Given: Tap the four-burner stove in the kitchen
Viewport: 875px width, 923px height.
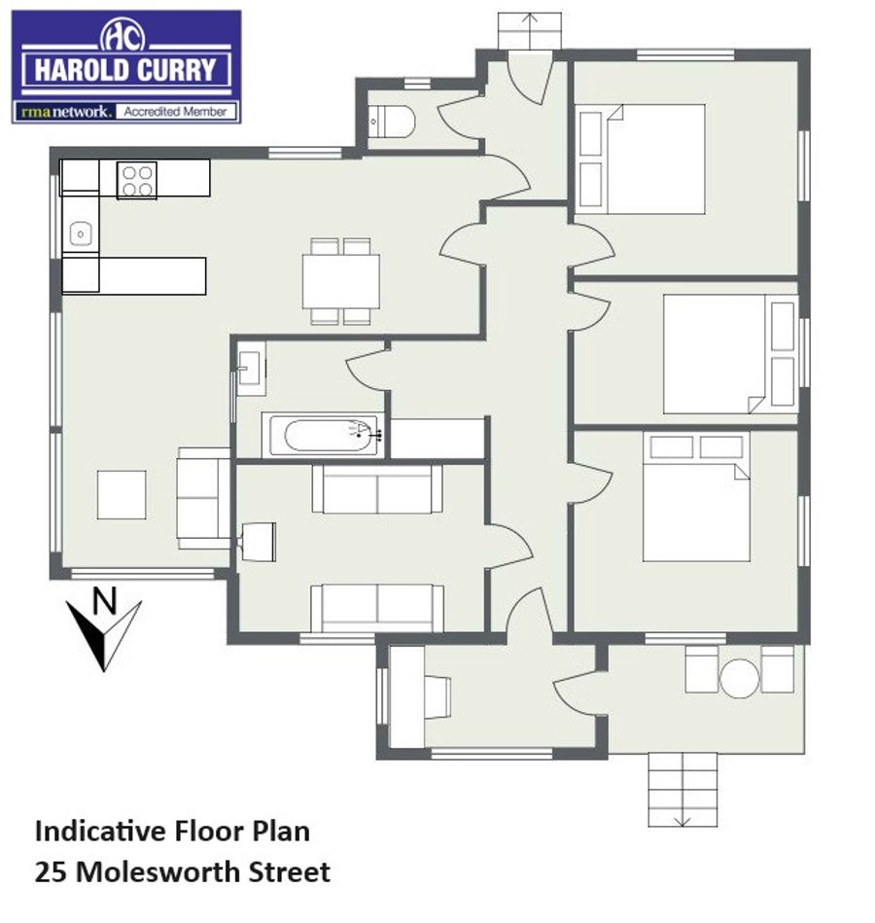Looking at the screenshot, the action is click(136, 180).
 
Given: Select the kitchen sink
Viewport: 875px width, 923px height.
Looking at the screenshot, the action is click(81, 234).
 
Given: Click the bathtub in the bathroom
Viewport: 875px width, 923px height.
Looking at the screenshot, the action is click(323, 436).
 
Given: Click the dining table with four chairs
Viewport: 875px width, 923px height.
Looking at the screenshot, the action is click(340, 281).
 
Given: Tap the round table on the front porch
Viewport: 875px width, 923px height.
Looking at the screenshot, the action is click(739, 678).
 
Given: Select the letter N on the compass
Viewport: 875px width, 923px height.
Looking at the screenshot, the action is click(105, 601).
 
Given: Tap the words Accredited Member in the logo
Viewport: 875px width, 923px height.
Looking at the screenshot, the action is click(175, 111).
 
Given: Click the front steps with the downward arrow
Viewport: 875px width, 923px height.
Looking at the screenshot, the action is click(682, 790).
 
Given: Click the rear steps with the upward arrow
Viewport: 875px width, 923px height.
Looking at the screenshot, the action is click(530, 30).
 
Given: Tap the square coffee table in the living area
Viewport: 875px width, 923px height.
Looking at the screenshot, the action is click(122, 494).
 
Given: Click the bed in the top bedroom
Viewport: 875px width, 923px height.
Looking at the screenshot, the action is click(642, 159).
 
